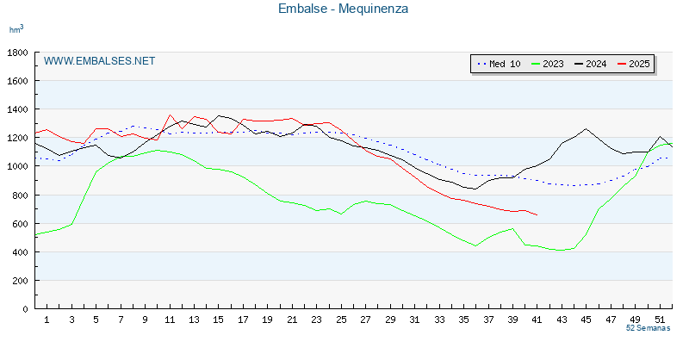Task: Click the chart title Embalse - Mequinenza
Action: click(343, 9)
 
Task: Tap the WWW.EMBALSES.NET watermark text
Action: click(99, 61)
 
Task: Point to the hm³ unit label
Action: click(16, 29)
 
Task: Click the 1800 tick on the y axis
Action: click(17, 53)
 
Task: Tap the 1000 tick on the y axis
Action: click(17, 166)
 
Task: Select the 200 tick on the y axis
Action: click(20, 281)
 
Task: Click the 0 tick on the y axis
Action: click(26, 309)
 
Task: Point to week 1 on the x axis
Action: click(47, 320)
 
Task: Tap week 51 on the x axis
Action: click(661, 320)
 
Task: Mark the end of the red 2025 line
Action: click(537, 215)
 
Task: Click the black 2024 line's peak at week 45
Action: click(587, 129)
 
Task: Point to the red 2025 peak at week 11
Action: click(171, 115)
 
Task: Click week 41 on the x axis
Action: click(537, 320)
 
